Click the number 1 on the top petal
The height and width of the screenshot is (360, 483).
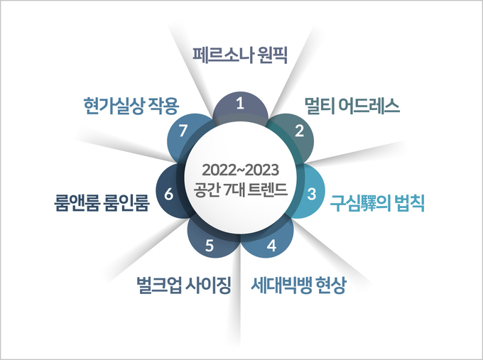[x=240, y=103]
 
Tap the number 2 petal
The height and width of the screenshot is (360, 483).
[x=294, y=136]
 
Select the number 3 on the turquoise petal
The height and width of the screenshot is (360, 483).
[x=312, y=194]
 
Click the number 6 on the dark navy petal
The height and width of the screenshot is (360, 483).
[x=168, y=194]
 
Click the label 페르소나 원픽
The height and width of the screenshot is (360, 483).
[x=240, y=55]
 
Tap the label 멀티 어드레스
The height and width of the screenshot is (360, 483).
[x=352, y=106]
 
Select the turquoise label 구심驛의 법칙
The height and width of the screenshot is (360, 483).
[x=377, y=203]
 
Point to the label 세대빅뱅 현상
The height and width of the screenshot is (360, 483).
[x=298, y=285]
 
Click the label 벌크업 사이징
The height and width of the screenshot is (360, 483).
[x=183, y=285]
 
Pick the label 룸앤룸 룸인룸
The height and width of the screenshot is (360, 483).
[x=102, y=202]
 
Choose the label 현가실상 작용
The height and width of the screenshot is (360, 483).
[x=131, y=106]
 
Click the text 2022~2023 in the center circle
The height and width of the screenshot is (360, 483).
[x=240, y=170]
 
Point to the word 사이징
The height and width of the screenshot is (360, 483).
[x=208, y=285]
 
